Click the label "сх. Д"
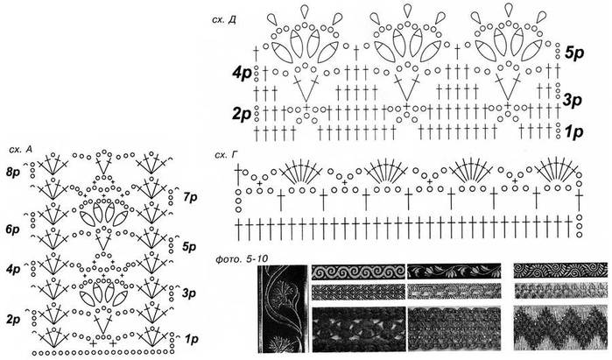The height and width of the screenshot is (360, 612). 223,20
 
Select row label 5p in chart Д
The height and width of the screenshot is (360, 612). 574,53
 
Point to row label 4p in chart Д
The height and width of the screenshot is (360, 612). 242,74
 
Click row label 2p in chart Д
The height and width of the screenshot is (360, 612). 242,114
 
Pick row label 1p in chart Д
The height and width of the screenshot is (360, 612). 573,132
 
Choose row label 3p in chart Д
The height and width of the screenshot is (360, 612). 573,100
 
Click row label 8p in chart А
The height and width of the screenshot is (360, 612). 13,172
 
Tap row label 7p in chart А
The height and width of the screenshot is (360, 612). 190,198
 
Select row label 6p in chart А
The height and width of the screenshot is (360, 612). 13,229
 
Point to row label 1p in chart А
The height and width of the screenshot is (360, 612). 191,339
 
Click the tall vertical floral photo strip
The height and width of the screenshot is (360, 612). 283,308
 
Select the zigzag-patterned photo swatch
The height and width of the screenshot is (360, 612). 561,328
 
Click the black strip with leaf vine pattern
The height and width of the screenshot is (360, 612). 454,272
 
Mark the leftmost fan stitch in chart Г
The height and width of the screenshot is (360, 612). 300,170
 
